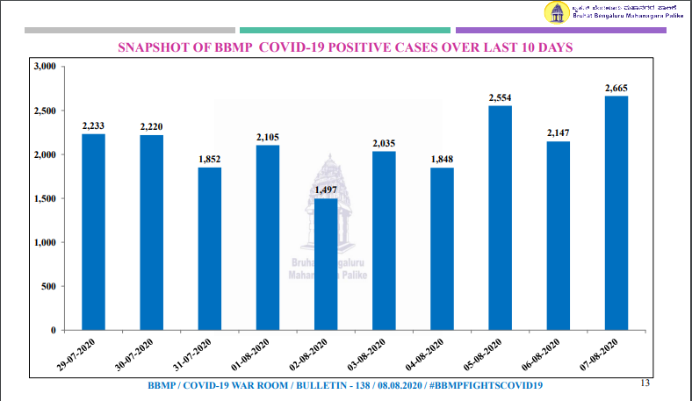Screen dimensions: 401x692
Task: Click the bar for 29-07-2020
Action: tap(93, 232)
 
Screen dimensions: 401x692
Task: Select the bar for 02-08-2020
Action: tap(326, 264)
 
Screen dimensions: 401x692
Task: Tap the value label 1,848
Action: tap(442, 160)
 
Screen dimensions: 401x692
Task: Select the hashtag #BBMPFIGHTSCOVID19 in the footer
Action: tap(487, 386)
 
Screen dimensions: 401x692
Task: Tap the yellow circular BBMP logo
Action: tap(556, 12)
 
